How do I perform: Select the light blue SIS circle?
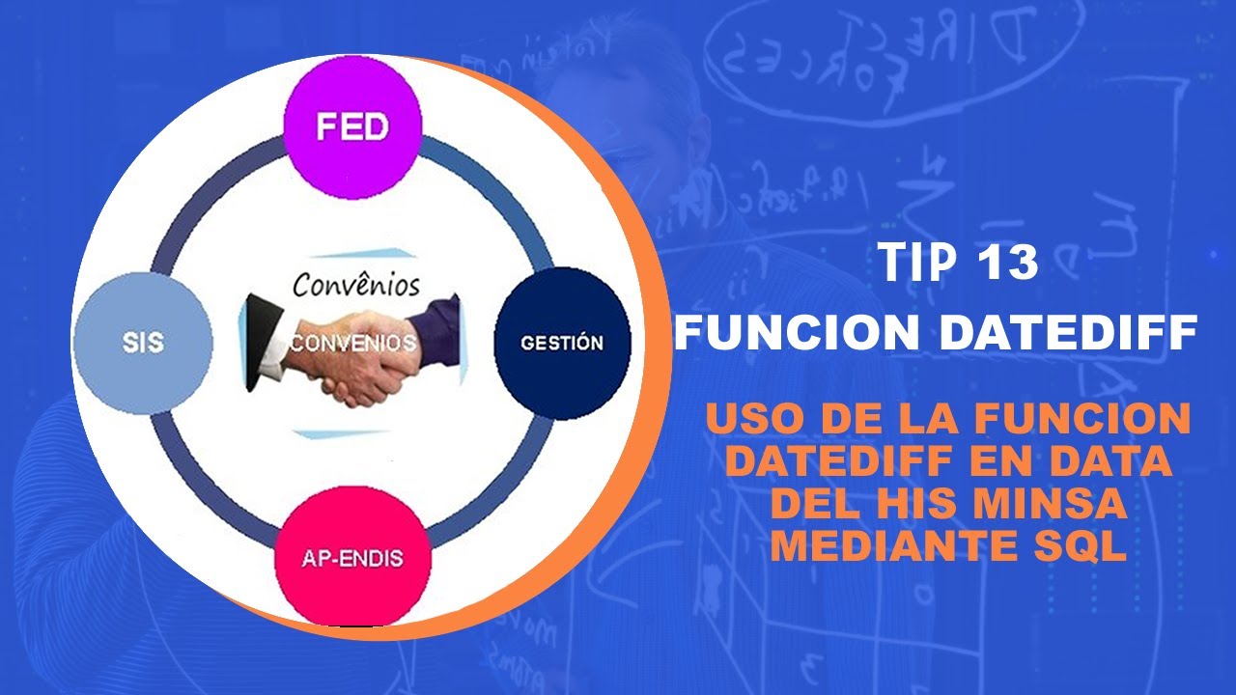click(x=142, y=343)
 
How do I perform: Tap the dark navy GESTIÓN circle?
click(x=561, y=343)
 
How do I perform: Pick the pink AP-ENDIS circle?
click(x=352, y=557)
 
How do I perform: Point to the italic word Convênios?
click(x=356, y=285)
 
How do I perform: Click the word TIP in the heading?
click(x=913, y=263)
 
